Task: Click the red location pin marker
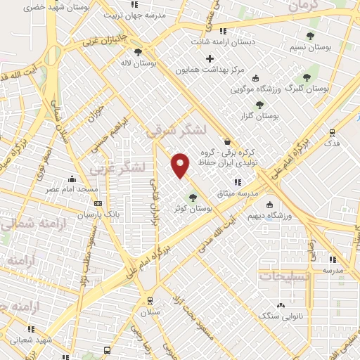181,165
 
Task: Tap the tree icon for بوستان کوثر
193,198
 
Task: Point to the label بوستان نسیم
309,47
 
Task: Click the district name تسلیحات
288,276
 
